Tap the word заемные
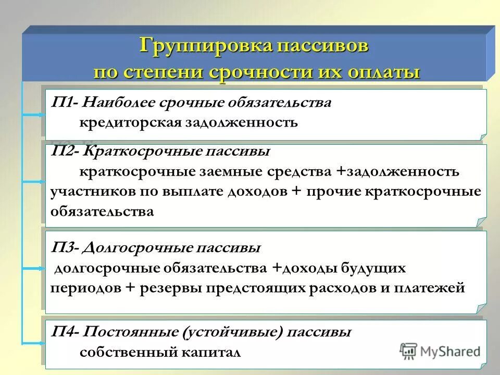pyautogui.click(x=215, y=172)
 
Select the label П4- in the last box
pyautogui.click(x=65, y=331)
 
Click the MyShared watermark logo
pyautogui.click(x=440, y=351)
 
